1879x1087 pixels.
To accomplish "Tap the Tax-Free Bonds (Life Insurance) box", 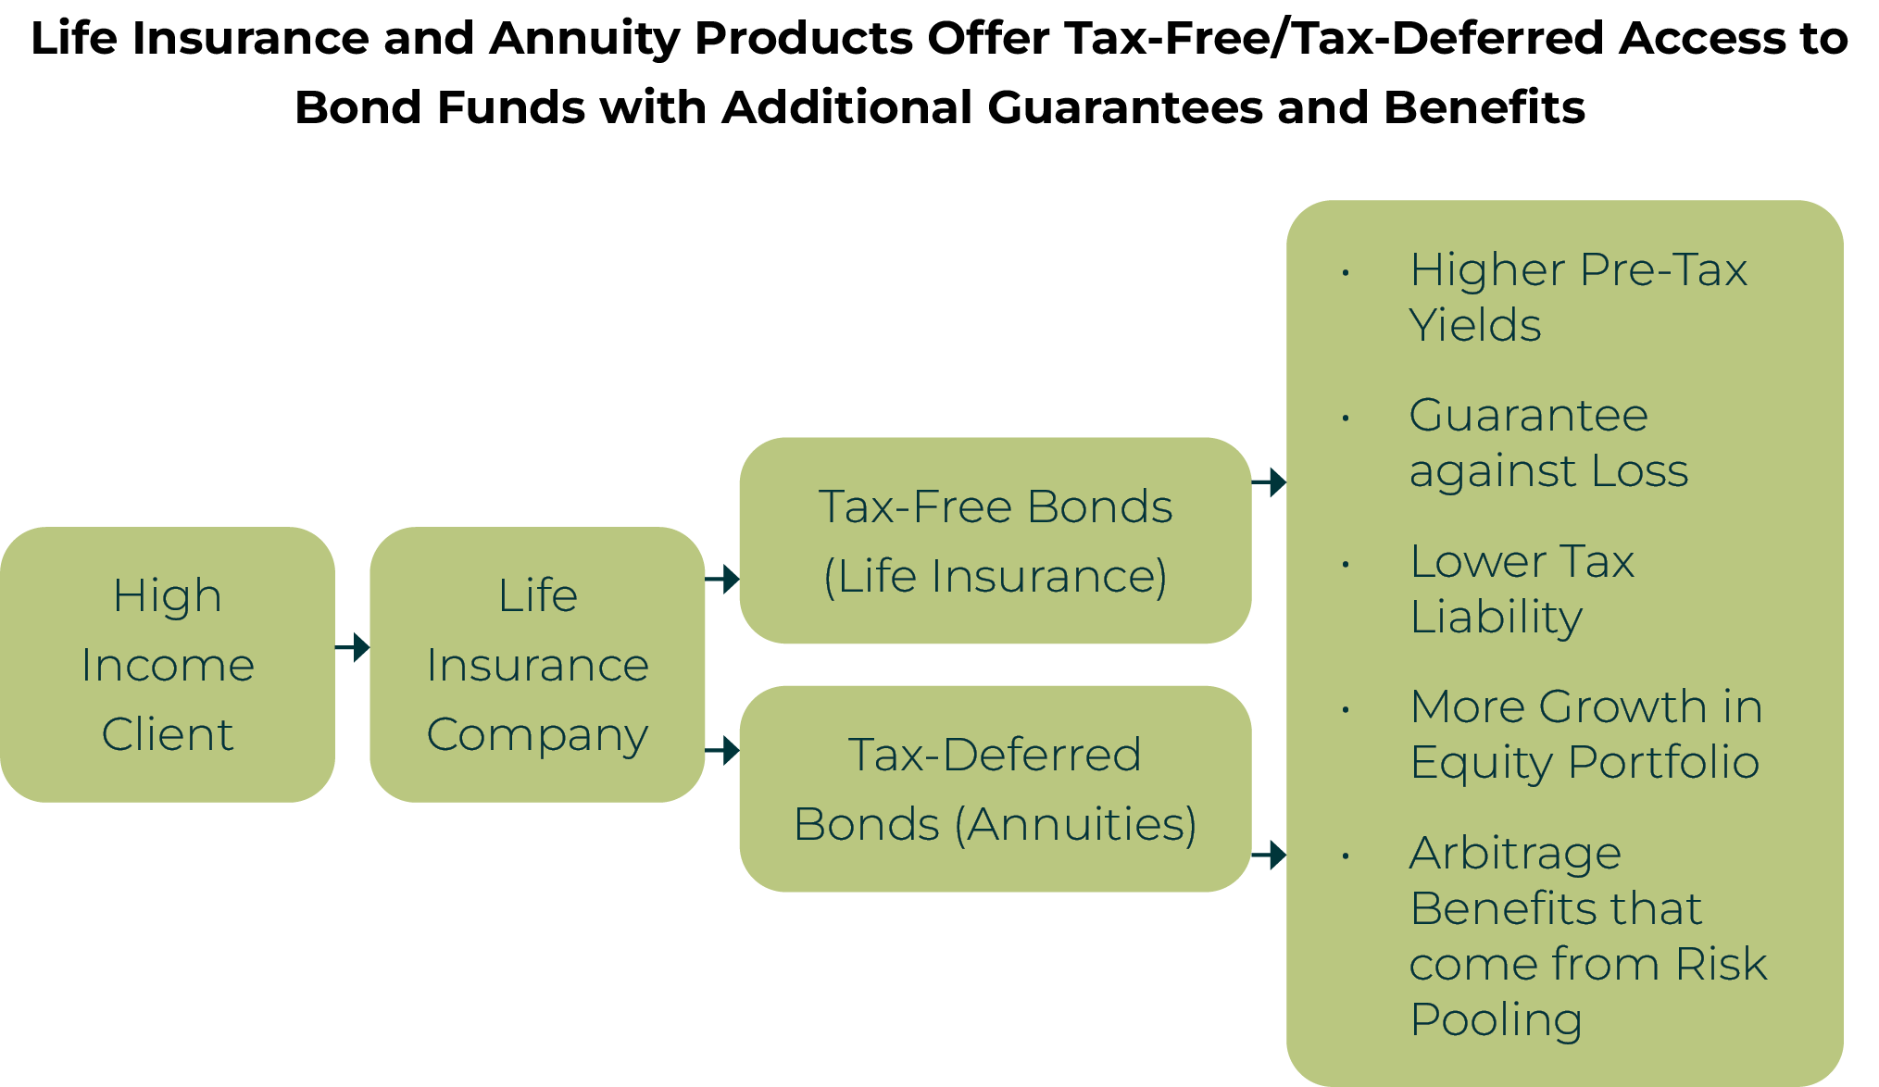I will (995, 541).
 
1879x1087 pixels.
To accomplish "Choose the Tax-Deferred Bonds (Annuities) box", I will (995, 789).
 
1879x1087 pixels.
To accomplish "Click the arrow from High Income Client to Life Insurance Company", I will (353, 646).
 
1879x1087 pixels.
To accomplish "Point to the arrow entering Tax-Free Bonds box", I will (722, 579).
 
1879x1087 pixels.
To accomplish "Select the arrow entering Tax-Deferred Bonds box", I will (722, 750).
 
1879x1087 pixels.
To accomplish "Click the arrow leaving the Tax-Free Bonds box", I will (1269, 481).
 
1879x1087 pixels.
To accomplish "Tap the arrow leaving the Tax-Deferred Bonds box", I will (1269, 855).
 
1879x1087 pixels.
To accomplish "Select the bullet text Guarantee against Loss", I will (1547, 443).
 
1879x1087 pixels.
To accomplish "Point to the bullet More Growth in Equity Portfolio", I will (1585, 734).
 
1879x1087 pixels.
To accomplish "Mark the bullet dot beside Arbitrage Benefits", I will (1346, 856).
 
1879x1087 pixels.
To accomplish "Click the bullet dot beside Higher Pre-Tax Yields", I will (1346, 273).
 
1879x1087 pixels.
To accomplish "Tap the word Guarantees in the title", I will (1124, 107).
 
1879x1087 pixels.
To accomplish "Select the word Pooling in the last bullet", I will (1496, 1020).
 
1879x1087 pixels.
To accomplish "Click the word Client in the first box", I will (168, 734).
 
